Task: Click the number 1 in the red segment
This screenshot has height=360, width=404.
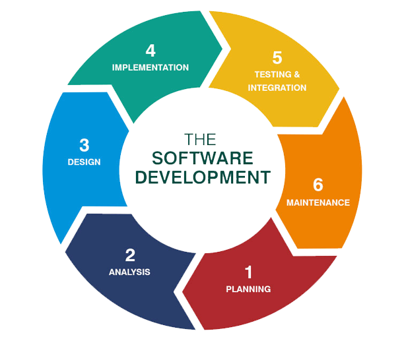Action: click(x=248, y=272)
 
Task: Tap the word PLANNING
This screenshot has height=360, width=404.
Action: click(x=248, y=289)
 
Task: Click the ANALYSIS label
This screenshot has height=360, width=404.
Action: click(x=130, y=272)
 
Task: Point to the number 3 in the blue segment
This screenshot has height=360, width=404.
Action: click(x=84, y=144)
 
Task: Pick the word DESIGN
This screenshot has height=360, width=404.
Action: click(x=84, y=162)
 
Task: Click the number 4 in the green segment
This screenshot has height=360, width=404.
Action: click(x=151, y=50)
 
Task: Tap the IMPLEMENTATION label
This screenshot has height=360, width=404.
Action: click(x=151, y=67)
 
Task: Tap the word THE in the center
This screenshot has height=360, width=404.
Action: click(x=201, y=140)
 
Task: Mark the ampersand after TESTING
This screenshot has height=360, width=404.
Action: click(x=296, y=75)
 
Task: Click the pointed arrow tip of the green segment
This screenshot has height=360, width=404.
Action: click(x=226, y=47)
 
